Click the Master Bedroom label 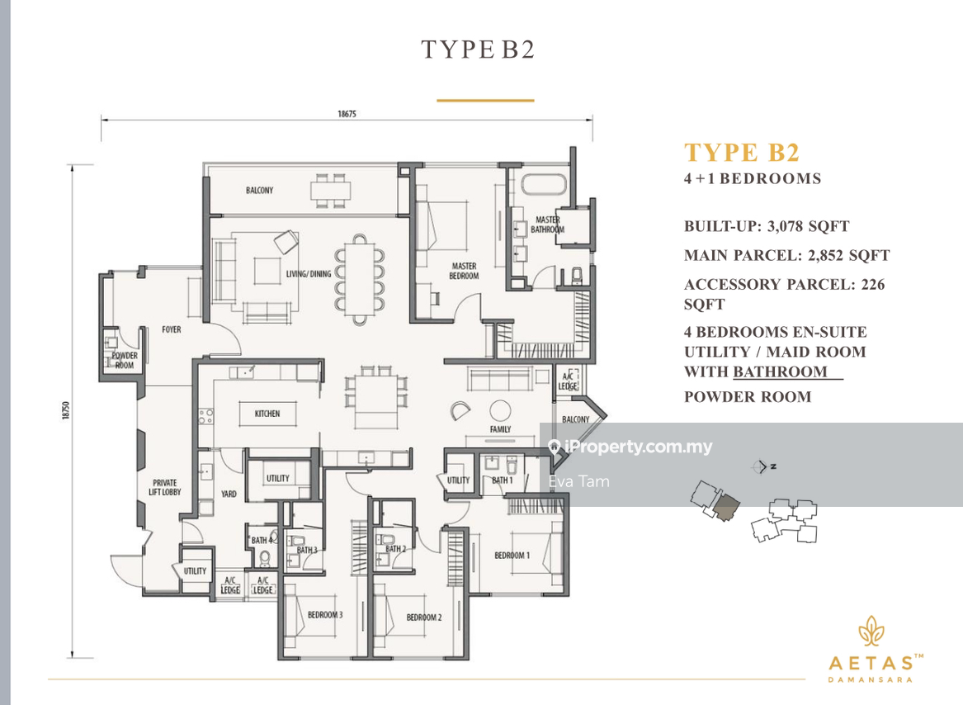click(x=464, y=271)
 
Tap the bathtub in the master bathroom click(x=544, y=185)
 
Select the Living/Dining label click(x=309, y=273)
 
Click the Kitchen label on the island click(x=267, y=414)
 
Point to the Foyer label click(x=172, y=329)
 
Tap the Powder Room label click(x=124, y=360)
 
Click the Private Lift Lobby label click(x=164, y=487)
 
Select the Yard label click(x=229, y=494)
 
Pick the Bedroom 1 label click(x=512, y=555)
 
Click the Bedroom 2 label click(x=424, y=617)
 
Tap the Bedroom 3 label click(x=325, y=615)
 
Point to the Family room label click(x=500, y=429)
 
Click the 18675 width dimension click(x=347, y=114)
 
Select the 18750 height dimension click(x=66, y=410)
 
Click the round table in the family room click(x=500, y=410)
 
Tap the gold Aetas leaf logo click(x=871, y=632)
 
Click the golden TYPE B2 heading click(x=742, y=153)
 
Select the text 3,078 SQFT click(x=808, y=226)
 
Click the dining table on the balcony click(x=330, y=190)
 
